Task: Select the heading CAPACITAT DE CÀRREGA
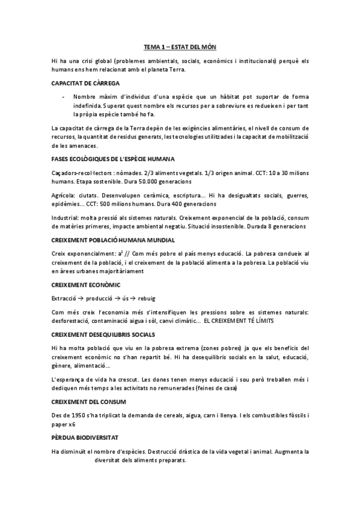(85, 83)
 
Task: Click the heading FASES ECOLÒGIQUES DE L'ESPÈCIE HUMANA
(113, 159)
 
